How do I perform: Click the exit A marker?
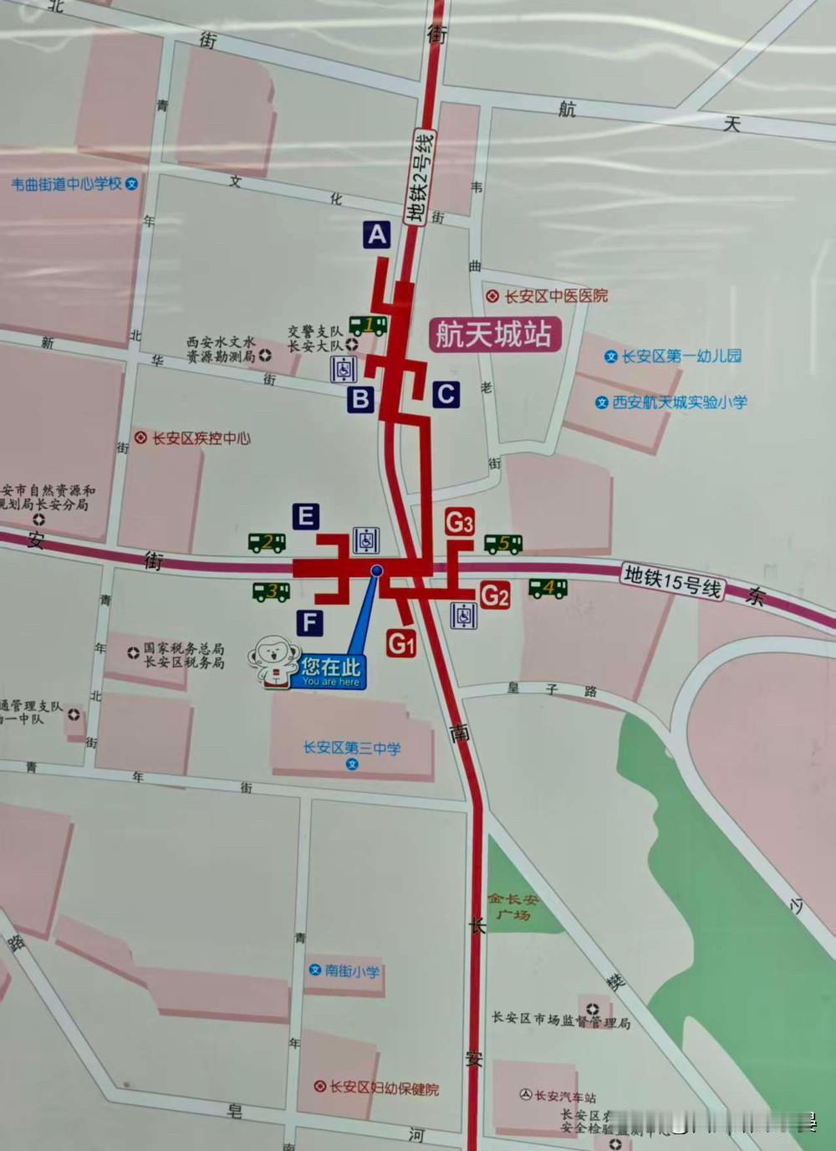tap(377, 235)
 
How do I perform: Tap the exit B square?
tap(361, 399)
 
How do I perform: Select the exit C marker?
tap(446, 394)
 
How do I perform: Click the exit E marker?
tap(306, 516)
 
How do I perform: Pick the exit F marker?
tap(310, 622)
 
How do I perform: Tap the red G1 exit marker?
tap(401, 643)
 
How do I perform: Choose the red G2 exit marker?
tap(494, 596)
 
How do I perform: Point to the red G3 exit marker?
tap(459, 522)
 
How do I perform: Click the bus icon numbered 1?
tap(368, 325)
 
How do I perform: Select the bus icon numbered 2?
tap(268, 542)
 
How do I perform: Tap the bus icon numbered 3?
tap(272, 591)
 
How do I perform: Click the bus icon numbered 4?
tap(548, 589)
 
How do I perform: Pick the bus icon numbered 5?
tap(503, 544)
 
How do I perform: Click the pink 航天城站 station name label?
tap(494, 335)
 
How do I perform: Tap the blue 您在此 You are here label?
tap(331, 671)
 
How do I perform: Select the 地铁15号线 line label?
tap(673, 581)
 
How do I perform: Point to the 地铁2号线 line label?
tap(420, 177)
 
